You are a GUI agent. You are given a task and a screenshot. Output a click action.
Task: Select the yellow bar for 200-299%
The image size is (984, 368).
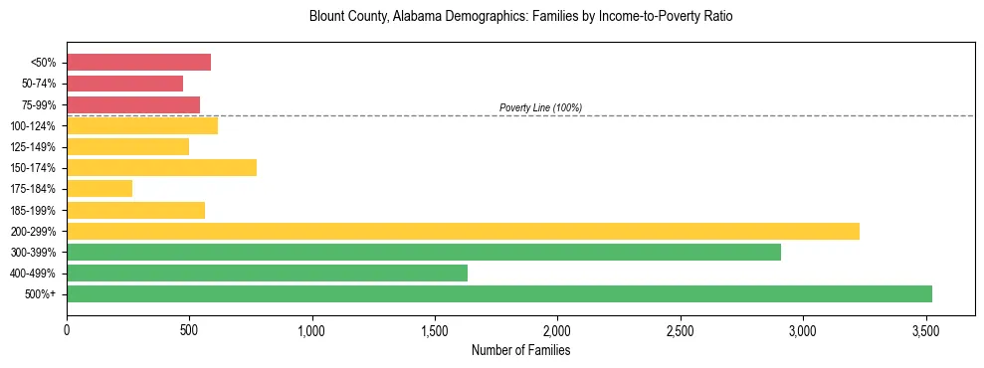(463, 231)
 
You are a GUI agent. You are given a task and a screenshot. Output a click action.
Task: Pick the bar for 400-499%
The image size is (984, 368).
(267, 273)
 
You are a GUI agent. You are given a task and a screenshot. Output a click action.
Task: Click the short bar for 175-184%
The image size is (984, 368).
(99, 188)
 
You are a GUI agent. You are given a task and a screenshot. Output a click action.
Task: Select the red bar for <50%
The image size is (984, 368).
(138, 62)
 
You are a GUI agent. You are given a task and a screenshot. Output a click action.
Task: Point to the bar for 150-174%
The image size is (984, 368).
(161, 167)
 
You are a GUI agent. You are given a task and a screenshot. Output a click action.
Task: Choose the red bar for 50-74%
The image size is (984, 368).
(124, 83)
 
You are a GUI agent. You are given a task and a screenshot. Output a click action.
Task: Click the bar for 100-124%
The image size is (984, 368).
(142, 125)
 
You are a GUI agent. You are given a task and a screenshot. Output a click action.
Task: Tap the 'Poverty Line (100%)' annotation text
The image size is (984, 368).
(540, 107)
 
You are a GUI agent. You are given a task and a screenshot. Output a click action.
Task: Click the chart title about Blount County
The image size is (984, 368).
(520, 18)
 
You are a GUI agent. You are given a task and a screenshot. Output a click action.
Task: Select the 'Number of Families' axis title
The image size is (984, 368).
(520, 350)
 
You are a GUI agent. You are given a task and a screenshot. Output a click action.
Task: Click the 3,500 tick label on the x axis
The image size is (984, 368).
(926, 329)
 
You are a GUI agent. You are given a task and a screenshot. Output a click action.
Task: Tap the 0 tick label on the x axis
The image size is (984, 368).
(67, 329)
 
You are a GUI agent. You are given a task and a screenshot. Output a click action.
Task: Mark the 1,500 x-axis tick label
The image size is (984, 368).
(435, 329)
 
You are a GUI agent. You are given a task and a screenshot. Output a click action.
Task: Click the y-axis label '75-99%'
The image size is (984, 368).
(39, 104)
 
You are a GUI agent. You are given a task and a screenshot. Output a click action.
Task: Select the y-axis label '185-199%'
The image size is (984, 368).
(36, 210)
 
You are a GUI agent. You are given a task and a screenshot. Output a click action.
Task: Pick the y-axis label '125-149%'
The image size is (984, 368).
(36, 146)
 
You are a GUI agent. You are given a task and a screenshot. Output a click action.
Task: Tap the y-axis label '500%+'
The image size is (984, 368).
(41, 294)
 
